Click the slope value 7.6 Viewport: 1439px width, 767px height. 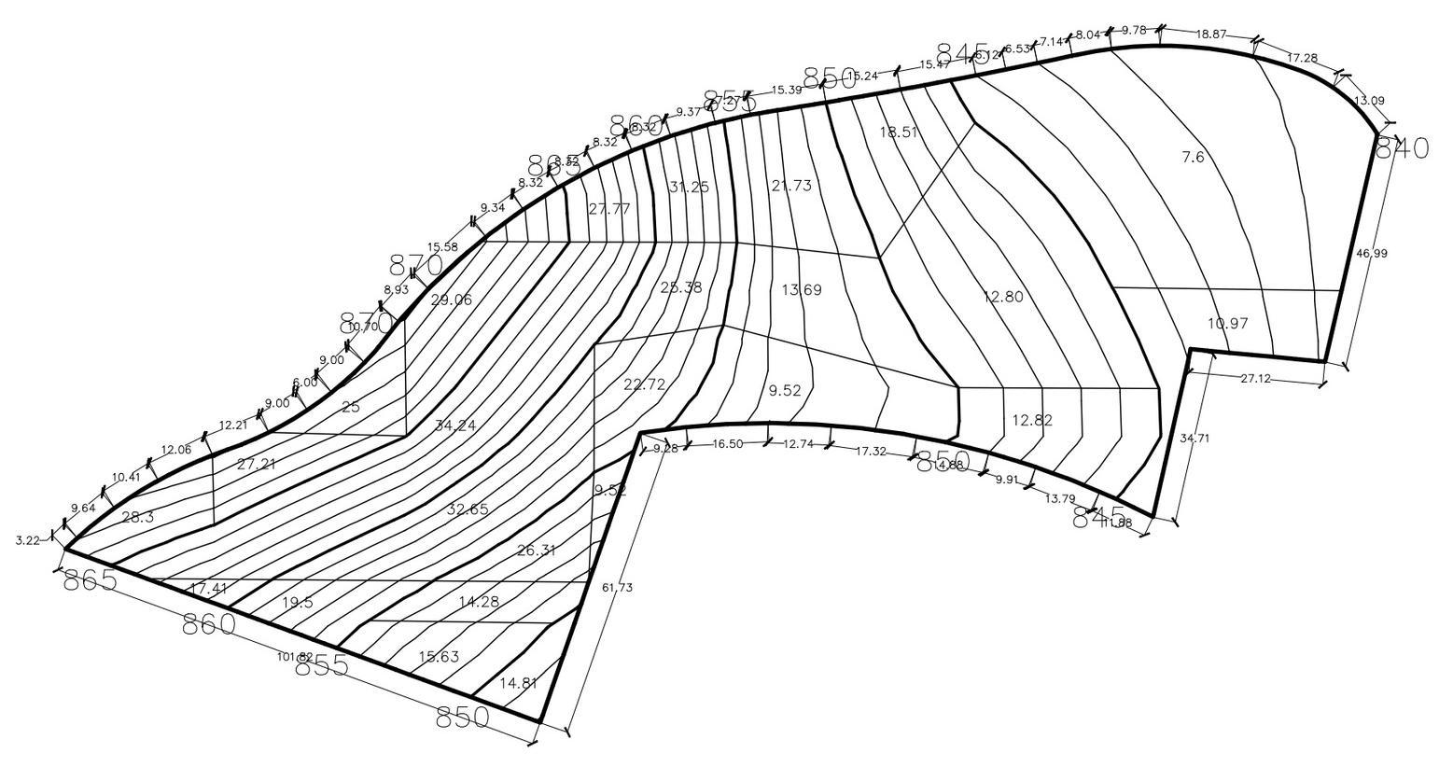(x=1193, y=158)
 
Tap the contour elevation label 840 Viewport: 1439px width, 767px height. (x=1402, y=148)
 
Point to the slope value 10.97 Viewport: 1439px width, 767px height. (x=1228, y=324)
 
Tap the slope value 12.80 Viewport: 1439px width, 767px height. (x=1003, y=297)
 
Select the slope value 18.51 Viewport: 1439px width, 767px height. (x=899, y=132)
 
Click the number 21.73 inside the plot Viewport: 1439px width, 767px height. (x=791, y=186)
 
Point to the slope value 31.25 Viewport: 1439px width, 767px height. (x=689, y=187)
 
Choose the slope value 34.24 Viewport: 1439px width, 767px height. (x=455, y=425)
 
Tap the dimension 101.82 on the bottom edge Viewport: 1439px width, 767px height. (x=295, y=657)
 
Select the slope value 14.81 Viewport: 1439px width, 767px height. (x=519, y=683)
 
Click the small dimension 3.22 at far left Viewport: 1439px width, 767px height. (x=28, y=540)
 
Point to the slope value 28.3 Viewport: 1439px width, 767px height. (x=138, y=516)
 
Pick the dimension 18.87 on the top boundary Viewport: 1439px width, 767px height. (x=1211, y=34)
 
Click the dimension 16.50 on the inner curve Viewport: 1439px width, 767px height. (x=728, y=444)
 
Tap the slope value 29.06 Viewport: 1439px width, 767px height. (x=452, y=300)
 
